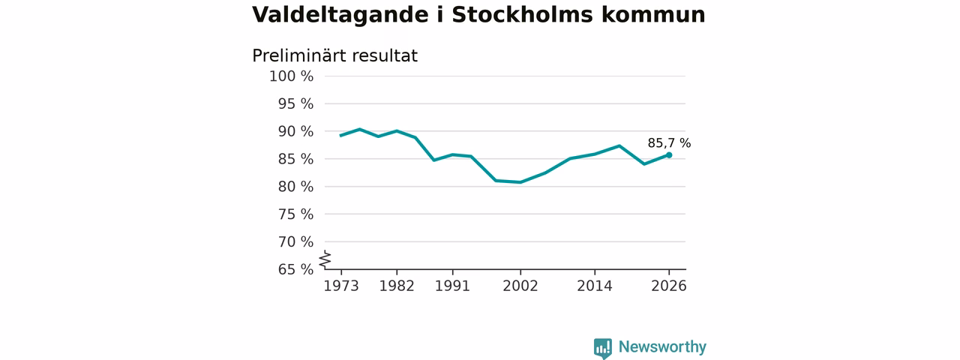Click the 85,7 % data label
(x=669, y=143)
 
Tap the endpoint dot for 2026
(x=669, y=155)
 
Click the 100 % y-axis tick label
(x=292, y=76)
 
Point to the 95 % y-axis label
(x=295, y=103)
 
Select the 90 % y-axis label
(x=295, y=131)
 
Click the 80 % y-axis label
(x=295, y=187)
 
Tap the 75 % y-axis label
(x=295, y=214)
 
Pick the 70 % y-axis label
(x=295, y=242)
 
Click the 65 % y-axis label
(x=295, y=269)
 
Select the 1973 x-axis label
(x=341, y=286)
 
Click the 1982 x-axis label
(x=397, y=286)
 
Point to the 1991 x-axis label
(x=452, y=286)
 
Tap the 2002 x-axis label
(x=520, y=286)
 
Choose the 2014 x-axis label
(x=595, y=286)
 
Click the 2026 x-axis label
(x=669, y=286)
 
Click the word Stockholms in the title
(x=523, y=15)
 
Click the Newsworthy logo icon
(x=603, y=349)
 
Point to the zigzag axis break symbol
(x=325, y=259)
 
